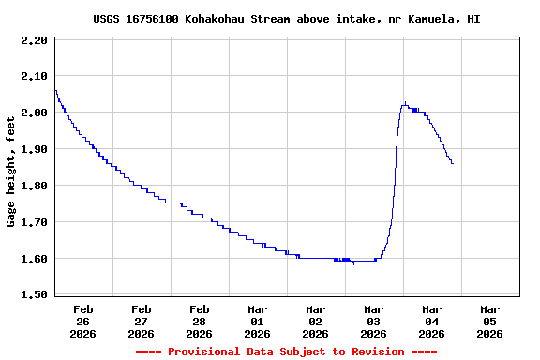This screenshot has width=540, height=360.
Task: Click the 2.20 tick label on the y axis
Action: click(34, 40)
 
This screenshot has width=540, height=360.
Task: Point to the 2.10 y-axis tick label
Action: click(34, 76)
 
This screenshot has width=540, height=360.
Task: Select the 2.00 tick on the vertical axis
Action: click(34, 112)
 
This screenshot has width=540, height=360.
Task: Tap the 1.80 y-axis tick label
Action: click(34, 186)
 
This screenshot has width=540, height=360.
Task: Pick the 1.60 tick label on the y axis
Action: click(34, 259)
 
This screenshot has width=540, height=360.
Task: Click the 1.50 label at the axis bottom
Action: click(34, 295)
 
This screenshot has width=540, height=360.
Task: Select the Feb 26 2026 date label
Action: click(83, 321)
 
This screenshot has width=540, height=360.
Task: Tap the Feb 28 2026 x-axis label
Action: click(200, 321)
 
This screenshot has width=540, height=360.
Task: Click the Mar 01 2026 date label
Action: click(258, 321)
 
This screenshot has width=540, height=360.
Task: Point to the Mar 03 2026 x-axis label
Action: click(374, 321)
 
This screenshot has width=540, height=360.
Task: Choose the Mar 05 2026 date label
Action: click(490, 321)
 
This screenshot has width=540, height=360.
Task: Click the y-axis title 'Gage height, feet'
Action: click(11, 172)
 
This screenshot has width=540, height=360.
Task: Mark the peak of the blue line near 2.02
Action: click(405, 103)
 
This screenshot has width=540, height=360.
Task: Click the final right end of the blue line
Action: click(453, 163)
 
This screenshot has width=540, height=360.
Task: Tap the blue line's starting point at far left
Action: click(55, 90)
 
